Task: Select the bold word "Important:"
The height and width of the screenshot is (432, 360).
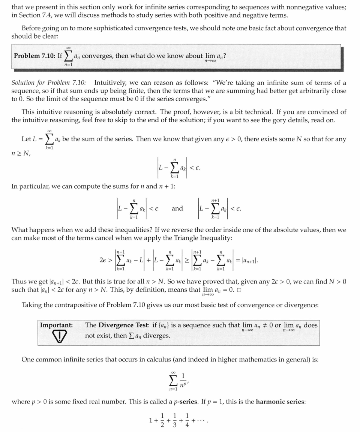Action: click(57, 325)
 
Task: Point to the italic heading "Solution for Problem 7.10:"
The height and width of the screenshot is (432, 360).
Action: click(49, 82)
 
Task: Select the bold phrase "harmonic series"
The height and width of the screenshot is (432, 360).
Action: click(280, 402)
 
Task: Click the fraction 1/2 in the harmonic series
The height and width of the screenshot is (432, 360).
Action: click(162, 421)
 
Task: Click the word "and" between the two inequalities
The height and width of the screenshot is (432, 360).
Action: click(177, 208)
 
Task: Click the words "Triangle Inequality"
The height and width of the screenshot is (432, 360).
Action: click(204, 238)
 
